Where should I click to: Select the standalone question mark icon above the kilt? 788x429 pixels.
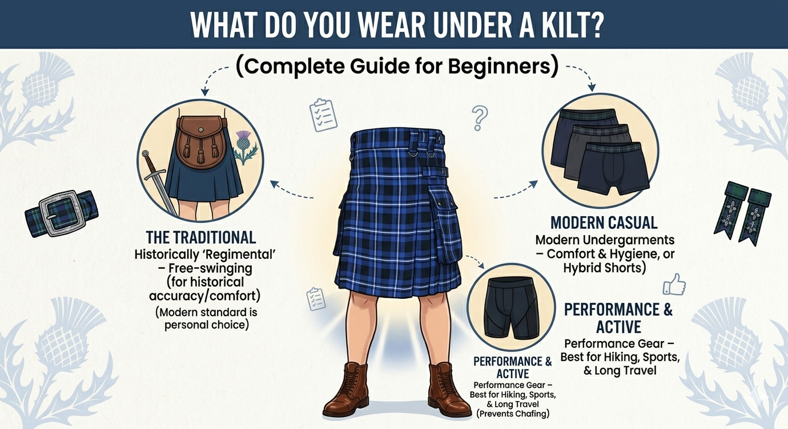[x=479, y=118]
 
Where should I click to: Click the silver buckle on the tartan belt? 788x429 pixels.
[x=61, y=213]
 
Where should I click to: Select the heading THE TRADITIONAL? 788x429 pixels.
[x=201, y=237]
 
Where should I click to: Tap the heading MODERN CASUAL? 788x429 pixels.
[x=604, y=223]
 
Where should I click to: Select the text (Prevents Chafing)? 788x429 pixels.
[x=512, y=414]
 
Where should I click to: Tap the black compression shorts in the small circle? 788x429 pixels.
[x=509, y=307]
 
